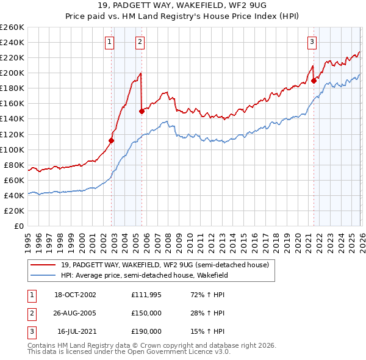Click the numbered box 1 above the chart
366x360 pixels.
(x=109, y=42)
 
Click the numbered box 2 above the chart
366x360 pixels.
(x=140, y=42)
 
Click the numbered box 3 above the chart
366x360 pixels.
(x=312, y=42)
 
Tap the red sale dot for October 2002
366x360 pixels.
(x=112, y=140)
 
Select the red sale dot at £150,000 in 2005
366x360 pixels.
(x=142, y=111)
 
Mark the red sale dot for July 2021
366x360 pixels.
(x=314, y=80)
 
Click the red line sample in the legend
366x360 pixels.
(x=43, y=265)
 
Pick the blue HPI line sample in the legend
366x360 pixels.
(x=43, y=275)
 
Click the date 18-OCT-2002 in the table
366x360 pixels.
(x=75, y=295)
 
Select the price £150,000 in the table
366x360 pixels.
(x=146, y=314)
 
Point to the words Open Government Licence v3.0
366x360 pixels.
(x=178, y=352)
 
